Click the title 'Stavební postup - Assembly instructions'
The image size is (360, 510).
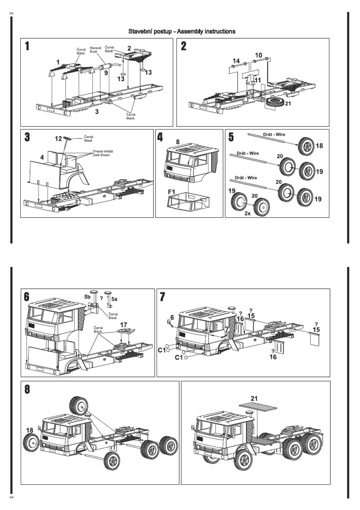pos(182,31)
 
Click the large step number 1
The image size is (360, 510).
pos(28,46)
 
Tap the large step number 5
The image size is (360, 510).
pos(231,137)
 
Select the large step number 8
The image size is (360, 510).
pos(27,389)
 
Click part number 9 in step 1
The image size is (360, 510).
pos(106,72)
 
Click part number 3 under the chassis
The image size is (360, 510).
pos(97,112)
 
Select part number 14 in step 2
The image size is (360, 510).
pos(236,61)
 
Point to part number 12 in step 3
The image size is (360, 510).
pos(58,139)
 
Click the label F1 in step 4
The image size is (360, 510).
pos(171,192)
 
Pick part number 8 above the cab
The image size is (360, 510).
pos(178,142)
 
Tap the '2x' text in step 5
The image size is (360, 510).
pos(247,214)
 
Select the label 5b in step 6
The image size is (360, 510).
pos(87,298)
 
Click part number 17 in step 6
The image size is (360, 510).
pos(123,324)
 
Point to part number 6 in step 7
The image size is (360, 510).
pos(172,318)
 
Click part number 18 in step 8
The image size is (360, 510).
pos(30,430)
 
